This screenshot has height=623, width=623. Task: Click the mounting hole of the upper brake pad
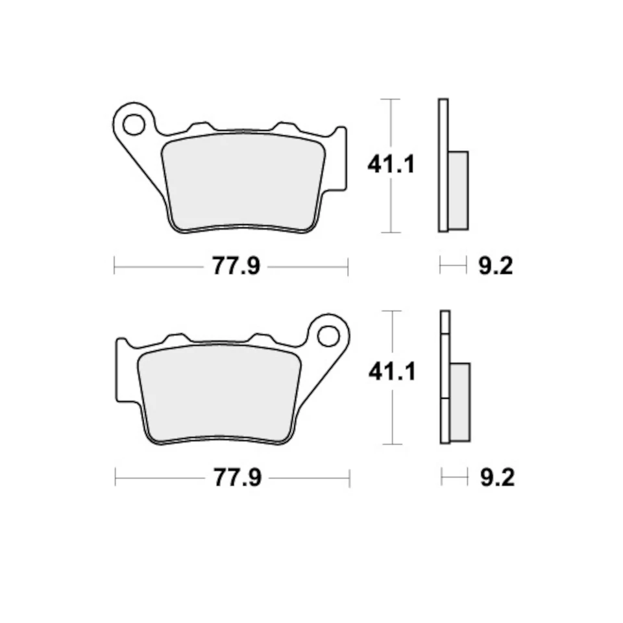click(x=134, y=124)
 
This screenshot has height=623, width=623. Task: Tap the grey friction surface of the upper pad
click(x=243, y=182)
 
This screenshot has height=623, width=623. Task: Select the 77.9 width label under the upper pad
click(x=236, y=266)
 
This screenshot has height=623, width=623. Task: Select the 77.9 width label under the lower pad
click(x=237, y=479)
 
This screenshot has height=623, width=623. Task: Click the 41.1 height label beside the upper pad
click(x=391, y=165)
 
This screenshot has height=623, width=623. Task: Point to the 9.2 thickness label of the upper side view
click(x=496, y=266)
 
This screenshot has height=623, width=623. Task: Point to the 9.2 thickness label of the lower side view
click(x=497, y=479)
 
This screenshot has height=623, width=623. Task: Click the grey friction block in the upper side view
click(x=458, y=189)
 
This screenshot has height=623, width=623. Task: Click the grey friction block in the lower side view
click(x=459, y=402)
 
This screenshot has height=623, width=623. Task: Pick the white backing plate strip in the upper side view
click(x=443, y=165)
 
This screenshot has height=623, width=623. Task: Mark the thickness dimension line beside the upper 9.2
click(x=453, y=265)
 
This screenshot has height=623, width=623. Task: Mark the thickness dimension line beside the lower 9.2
click(x=454, y=478)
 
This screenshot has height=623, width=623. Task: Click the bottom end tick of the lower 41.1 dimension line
click(x=392, y=445)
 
